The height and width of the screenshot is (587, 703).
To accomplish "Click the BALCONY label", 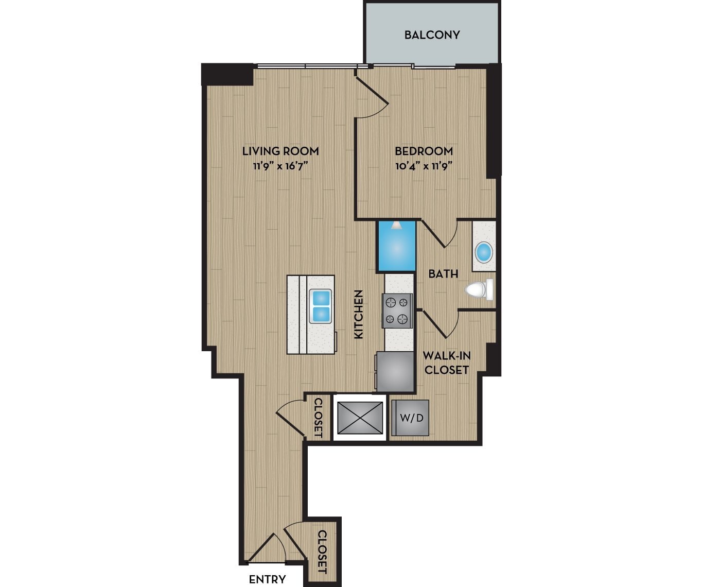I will [x=432, y=35].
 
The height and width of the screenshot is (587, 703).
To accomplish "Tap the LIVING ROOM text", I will [x=280, y=151].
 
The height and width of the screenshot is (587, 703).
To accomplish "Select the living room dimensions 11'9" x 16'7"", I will [x=280, y=166].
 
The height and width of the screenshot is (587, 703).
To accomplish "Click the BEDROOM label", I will [x=424, y=151].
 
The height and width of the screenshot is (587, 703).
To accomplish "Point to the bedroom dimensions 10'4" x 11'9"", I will [x=424, y=166].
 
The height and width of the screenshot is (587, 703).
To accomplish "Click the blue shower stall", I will [x=397, y=246].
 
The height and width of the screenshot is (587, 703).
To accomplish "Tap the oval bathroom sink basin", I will [x=484, y=252].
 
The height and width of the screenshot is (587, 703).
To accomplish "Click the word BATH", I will [x=443, y=274].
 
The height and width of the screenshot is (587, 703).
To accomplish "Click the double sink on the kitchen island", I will [x=320, y=306].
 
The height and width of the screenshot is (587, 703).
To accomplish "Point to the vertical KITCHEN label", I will [x=359, y=314].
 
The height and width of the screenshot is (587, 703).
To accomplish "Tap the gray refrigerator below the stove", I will [x=395, y=371].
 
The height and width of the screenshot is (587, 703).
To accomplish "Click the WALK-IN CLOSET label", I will [x=446, y=362].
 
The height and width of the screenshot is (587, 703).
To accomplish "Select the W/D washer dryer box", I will [x=411, y=418].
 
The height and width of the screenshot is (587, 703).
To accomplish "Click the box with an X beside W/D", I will [x=360, y=418].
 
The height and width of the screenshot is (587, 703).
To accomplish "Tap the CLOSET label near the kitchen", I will [x=318, y=417].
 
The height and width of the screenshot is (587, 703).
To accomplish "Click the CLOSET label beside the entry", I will [x=322, y=551].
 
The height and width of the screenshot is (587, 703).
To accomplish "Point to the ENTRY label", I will [x=267, y=579].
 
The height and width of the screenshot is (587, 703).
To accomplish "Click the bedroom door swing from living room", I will [x=372, y=98].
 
